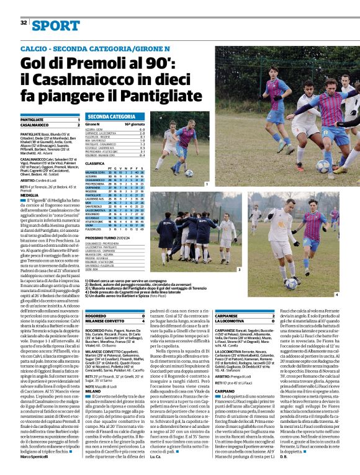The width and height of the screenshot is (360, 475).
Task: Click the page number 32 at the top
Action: (24, 23)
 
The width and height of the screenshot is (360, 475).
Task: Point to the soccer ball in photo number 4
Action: (290, 283)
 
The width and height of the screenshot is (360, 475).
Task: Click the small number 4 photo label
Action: (337, 295)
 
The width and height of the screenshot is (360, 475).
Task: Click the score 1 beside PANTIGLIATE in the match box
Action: (78, 119)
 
